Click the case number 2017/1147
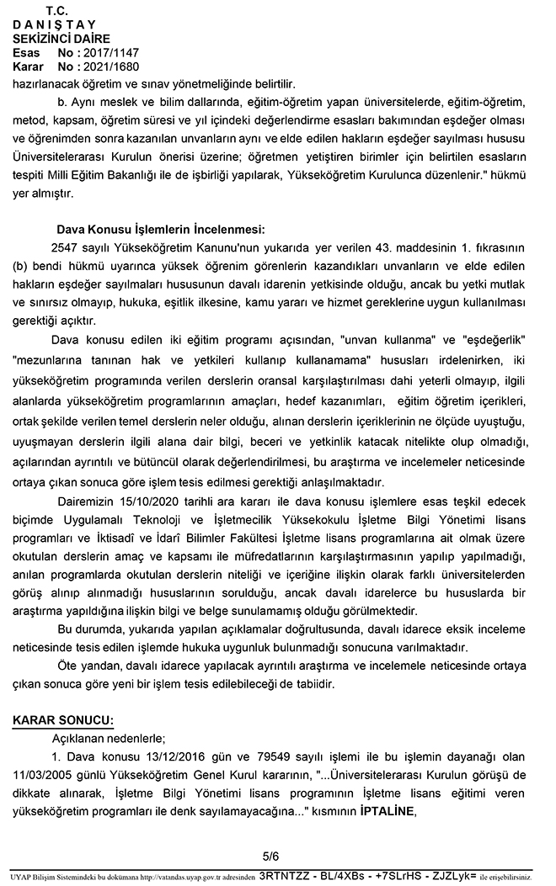coord(109,52)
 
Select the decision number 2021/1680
coord(109,66)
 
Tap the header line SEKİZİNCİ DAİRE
coord(61,39)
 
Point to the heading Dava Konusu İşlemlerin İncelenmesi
coord(160,228)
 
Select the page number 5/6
coord(270,856)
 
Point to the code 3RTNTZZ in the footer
coord(286,875)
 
